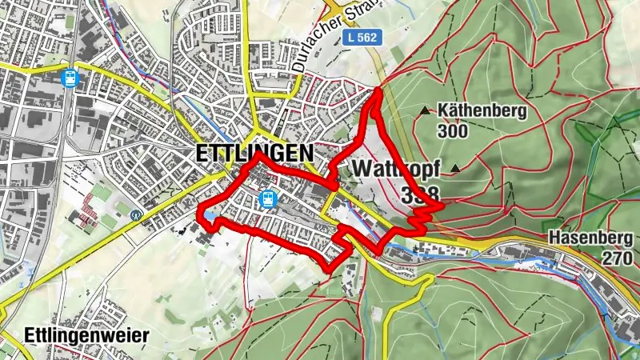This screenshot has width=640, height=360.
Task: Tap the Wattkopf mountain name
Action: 389,170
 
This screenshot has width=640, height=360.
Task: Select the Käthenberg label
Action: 482,110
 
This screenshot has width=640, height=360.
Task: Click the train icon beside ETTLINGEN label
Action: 268,198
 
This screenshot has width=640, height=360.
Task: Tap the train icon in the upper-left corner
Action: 70,78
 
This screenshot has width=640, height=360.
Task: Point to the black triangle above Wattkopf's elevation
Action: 456,168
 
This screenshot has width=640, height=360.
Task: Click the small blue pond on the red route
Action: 208,216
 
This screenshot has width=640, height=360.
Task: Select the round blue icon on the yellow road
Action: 136,214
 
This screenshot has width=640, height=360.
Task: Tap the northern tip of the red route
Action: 377,92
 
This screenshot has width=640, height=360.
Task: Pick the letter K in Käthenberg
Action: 444,110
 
